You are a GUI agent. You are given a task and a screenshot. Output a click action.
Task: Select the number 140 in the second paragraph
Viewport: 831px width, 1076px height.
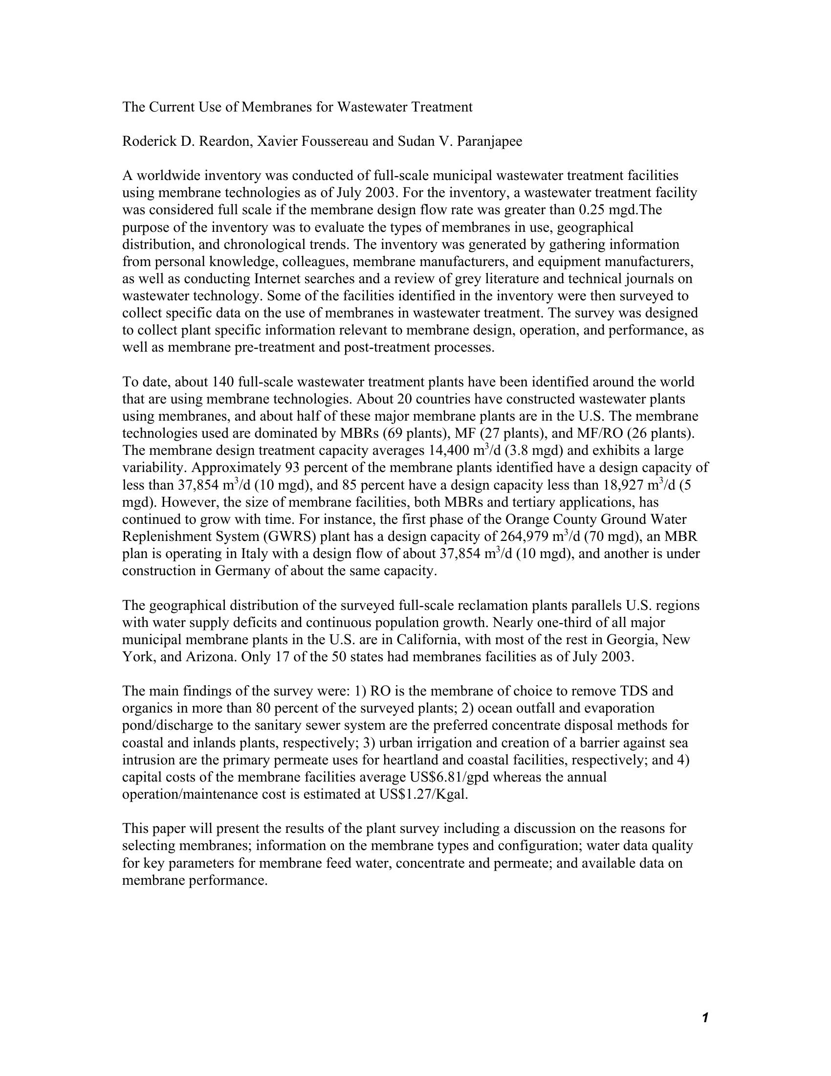click(222, 382)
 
